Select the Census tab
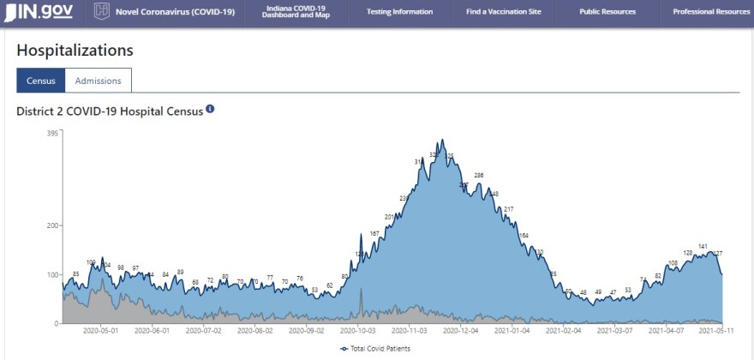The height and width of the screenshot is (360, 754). [40, 81]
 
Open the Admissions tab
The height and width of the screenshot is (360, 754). [98, 81]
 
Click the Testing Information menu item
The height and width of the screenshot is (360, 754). [399, 12]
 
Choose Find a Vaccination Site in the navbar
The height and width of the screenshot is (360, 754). [504, 12]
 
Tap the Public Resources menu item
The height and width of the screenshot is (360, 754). [607, 12]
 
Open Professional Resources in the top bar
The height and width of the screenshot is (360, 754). [710, 12]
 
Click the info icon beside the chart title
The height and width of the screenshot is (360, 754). [210, 110]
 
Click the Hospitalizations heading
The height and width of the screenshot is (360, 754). [75, 51]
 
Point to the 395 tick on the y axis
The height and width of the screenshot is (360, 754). [52, 133]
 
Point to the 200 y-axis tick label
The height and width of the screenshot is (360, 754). [52, 225]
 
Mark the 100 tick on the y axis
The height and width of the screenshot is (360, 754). [52, 275]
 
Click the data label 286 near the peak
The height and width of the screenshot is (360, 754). [478, 175]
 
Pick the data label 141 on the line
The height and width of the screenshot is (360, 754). [703, 246]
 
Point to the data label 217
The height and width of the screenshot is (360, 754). [508, 209]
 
